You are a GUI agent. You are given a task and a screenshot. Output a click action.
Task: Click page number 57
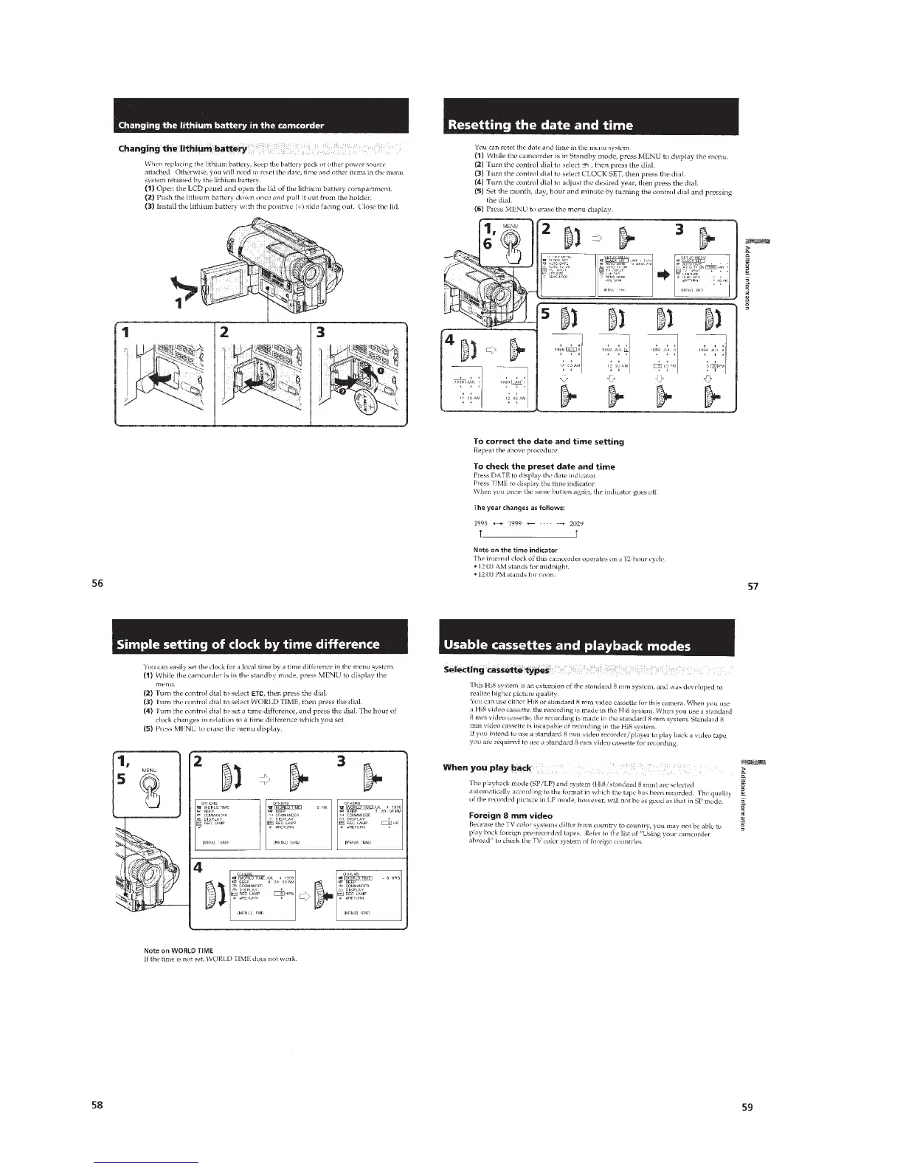pyautogui.click(x=753, y=587)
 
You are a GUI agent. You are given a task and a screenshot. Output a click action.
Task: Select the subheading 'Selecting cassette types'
pyautogui.click(x=496, y=669)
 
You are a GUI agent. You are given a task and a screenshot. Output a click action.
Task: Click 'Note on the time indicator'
pyautogui.click(x=514, y=550)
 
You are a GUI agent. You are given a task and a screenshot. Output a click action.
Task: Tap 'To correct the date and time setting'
pyautogui.click(x=548, y=441)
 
